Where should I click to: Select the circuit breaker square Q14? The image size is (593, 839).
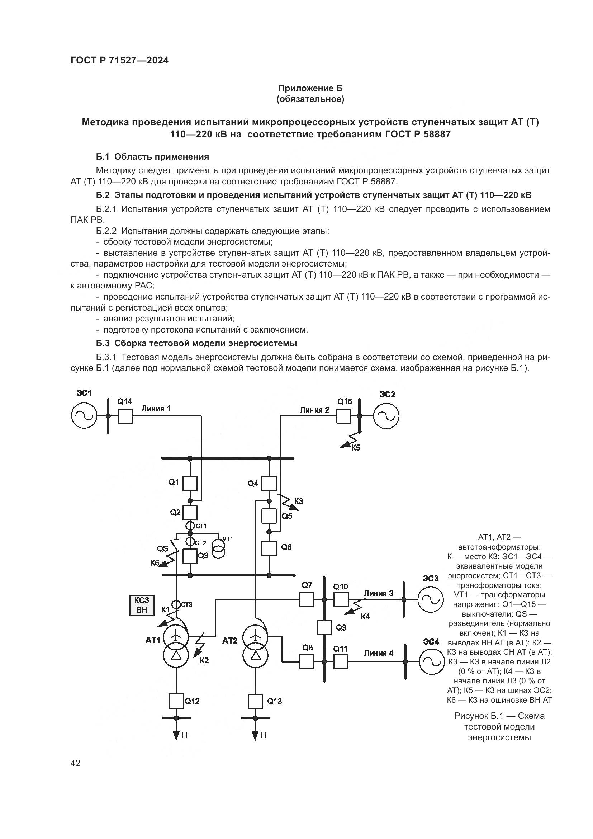click(125, 416)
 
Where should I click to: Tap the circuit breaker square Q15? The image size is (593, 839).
click(343, 416)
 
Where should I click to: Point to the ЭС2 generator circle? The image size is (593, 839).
click(386, 416)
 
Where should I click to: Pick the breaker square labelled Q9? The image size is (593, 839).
click(324, 628)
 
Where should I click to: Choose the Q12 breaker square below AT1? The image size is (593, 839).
click(176, 701)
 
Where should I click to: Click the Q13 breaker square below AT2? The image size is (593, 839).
click(255, 701)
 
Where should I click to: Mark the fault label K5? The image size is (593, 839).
click(356, 448)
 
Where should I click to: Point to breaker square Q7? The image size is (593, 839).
click(306, 599)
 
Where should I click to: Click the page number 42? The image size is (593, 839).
click(76, 763)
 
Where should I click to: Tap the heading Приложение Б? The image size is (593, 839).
click(310, 88)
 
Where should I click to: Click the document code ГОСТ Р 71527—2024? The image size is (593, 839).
click(119, 61)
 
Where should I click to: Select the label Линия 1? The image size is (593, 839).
click(156, 409)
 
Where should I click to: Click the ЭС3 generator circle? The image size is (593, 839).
click(431, 599)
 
